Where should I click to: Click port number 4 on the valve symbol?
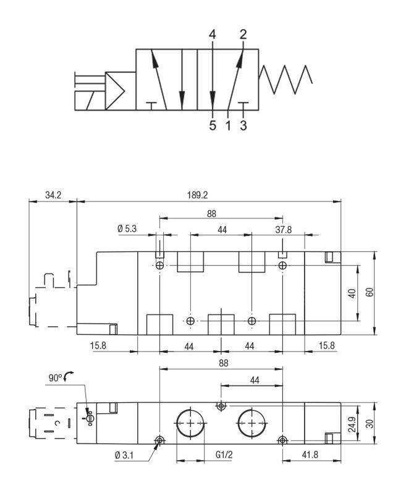click(213, 34)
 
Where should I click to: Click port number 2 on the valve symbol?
click(243, 34)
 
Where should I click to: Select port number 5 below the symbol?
click(213, 125)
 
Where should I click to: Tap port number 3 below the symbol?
click(243, 125)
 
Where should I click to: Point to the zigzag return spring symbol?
click(285, 80)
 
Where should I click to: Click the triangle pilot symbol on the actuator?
click(115, 91)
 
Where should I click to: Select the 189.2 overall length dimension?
click(197, 195)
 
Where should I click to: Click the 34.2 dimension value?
click(53, 195)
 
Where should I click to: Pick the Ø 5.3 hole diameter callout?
click(127, 229)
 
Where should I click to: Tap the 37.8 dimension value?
click(284, 229)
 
